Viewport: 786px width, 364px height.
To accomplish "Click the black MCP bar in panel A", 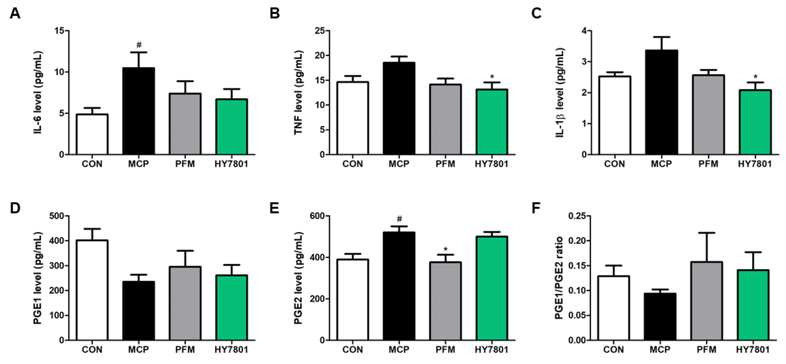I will pyautogui.click(x=139, y=111).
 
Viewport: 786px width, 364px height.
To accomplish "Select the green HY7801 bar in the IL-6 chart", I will pyautogui.click(x=232, y=126).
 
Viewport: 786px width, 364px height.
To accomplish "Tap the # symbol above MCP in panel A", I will pyautogui.click(x=139, y=45).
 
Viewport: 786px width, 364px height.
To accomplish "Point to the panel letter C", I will pyautogui.click(x=536, y=14).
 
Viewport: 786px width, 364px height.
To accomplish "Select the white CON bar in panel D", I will pyautogui.click(x=92, y=290).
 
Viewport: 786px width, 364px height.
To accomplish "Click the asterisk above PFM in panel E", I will pyautogui.click(x=446, y=249).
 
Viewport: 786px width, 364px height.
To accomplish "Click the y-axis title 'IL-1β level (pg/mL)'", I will pyautogui.click(x=560, y=93).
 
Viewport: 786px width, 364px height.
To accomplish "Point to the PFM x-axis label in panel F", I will pyautogui.click(x=706, y=349).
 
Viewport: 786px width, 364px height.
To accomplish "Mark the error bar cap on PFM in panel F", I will pyautogui.click(x=706, y=233).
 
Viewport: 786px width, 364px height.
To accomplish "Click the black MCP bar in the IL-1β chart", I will pyautogui.click(x=661, y=102).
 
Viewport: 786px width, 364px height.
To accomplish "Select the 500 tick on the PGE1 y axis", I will pyautogui.click(x=58, y=216).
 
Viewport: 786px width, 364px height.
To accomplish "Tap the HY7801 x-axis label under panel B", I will pyautogui.click(x=492, y=164).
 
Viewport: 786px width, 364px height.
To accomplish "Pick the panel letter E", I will pyautogui.click(x=274, y=209).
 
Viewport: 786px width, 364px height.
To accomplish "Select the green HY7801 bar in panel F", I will pyautogui.click(x=753, y=305).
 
